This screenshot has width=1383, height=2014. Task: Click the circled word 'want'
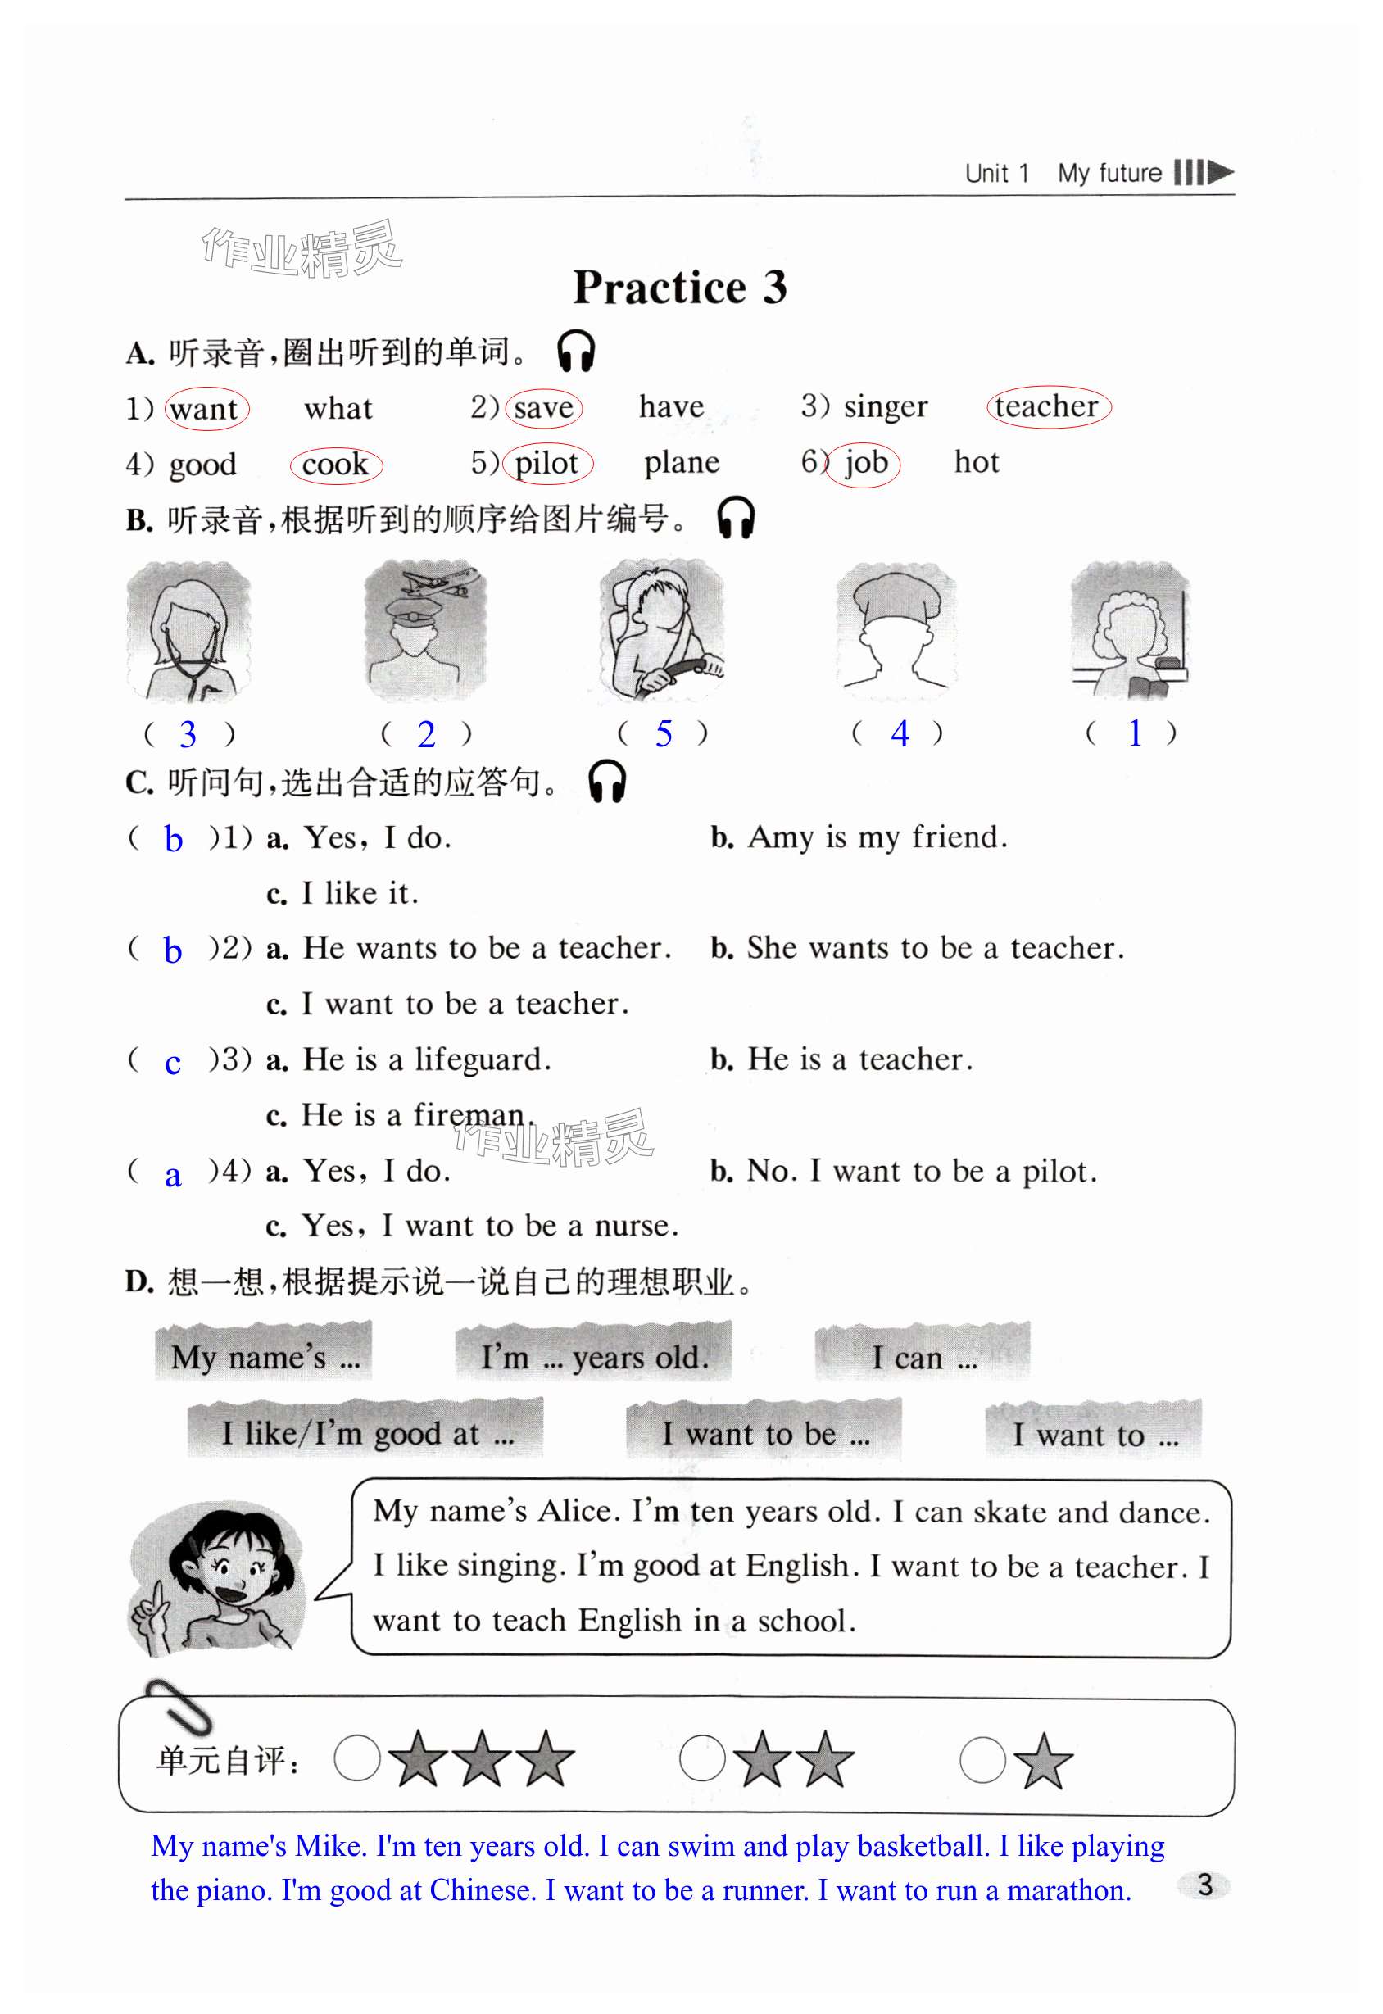[x=206, y=409]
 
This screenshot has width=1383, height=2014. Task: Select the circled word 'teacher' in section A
[x=1048, y=406]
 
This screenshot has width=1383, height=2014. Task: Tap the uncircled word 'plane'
[x=681, y=463]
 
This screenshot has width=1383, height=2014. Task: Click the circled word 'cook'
[x=335, y=465]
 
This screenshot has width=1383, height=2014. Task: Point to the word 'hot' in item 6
[x=976, y=462]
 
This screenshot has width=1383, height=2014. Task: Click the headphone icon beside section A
[x=575, y=351]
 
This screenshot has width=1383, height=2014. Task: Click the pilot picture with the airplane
[x=425, y=630]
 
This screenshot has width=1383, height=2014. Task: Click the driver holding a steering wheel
[x=662, y=630]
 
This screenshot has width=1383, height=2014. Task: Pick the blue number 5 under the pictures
[x=664, y=734]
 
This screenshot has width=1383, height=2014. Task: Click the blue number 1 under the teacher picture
[x=1134, y=733]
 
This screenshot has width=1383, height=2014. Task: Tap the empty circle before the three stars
[x=356, y=1758]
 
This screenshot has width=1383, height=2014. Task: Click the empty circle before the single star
[x=982, y=1759]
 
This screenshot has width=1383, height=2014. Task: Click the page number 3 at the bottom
[x=1204, y=1884]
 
